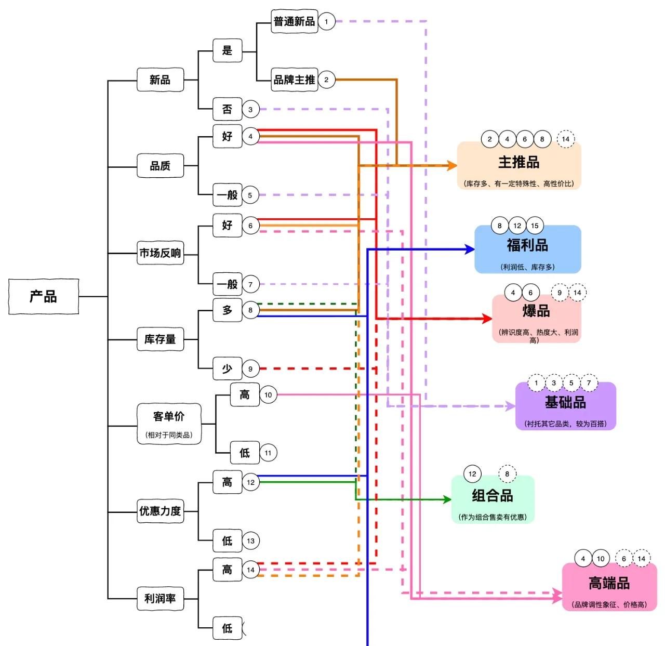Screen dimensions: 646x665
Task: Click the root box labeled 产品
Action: [x=44, y=296]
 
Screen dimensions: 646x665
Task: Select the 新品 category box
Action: [x=160, y=80]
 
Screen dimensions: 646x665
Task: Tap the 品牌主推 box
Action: [x=294, y=80]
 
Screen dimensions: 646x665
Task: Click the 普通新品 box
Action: [x=294, y=21]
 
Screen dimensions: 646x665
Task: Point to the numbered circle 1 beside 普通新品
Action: [x=326, y=21]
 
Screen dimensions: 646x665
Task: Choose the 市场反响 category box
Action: [x=160, y=253]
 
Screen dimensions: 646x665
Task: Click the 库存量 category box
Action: [x=160, y=339]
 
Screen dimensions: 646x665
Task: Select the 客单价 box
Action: [x=169, y=424]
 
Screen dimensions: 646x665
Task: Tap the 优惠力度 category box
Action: [x=160, y=511]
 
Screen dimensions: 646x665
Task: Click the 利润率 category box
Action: [x=160, y=598]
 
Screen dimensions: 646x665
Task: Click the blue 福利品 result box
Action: [x=527, y=249]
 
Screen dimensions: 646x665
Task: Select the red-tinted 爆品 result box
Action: [x=536, y=318]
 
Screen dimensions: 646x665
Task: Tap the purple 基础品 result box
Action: [x=565, y=406]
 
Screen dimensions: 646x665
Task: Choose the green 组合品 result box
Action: [x=493, y=500]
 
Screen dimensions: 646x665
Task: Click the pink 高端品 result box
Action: [x=609, y=587]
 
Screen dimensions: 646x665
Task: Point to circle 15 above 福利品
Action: [x=535, y=226]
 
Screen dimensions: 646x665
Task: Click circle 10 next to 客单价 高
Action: [x=268, y=395]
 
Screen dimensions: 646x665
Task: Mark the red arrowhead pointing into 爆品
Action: [x=487, y=318]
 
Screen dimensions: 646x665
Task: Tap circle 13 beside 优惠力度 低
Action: [x=250, y=540]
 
